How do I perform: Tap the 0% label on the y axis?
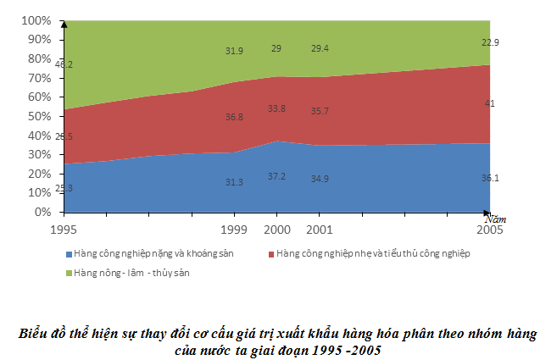42,212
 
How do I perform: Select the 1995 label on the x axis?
65,229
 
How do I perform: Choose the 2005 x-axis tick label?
488,229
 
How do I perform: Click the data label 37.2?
277,174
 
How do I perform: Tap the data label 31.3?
235,181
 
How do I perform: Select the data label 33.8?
277,108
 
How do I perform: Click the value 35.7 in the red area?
320,111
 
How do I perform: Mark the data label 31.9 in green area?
235,51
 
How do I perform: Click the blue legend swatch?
69,253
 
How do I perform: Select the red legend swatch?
270,253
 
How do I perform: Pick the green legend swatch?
69,272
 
